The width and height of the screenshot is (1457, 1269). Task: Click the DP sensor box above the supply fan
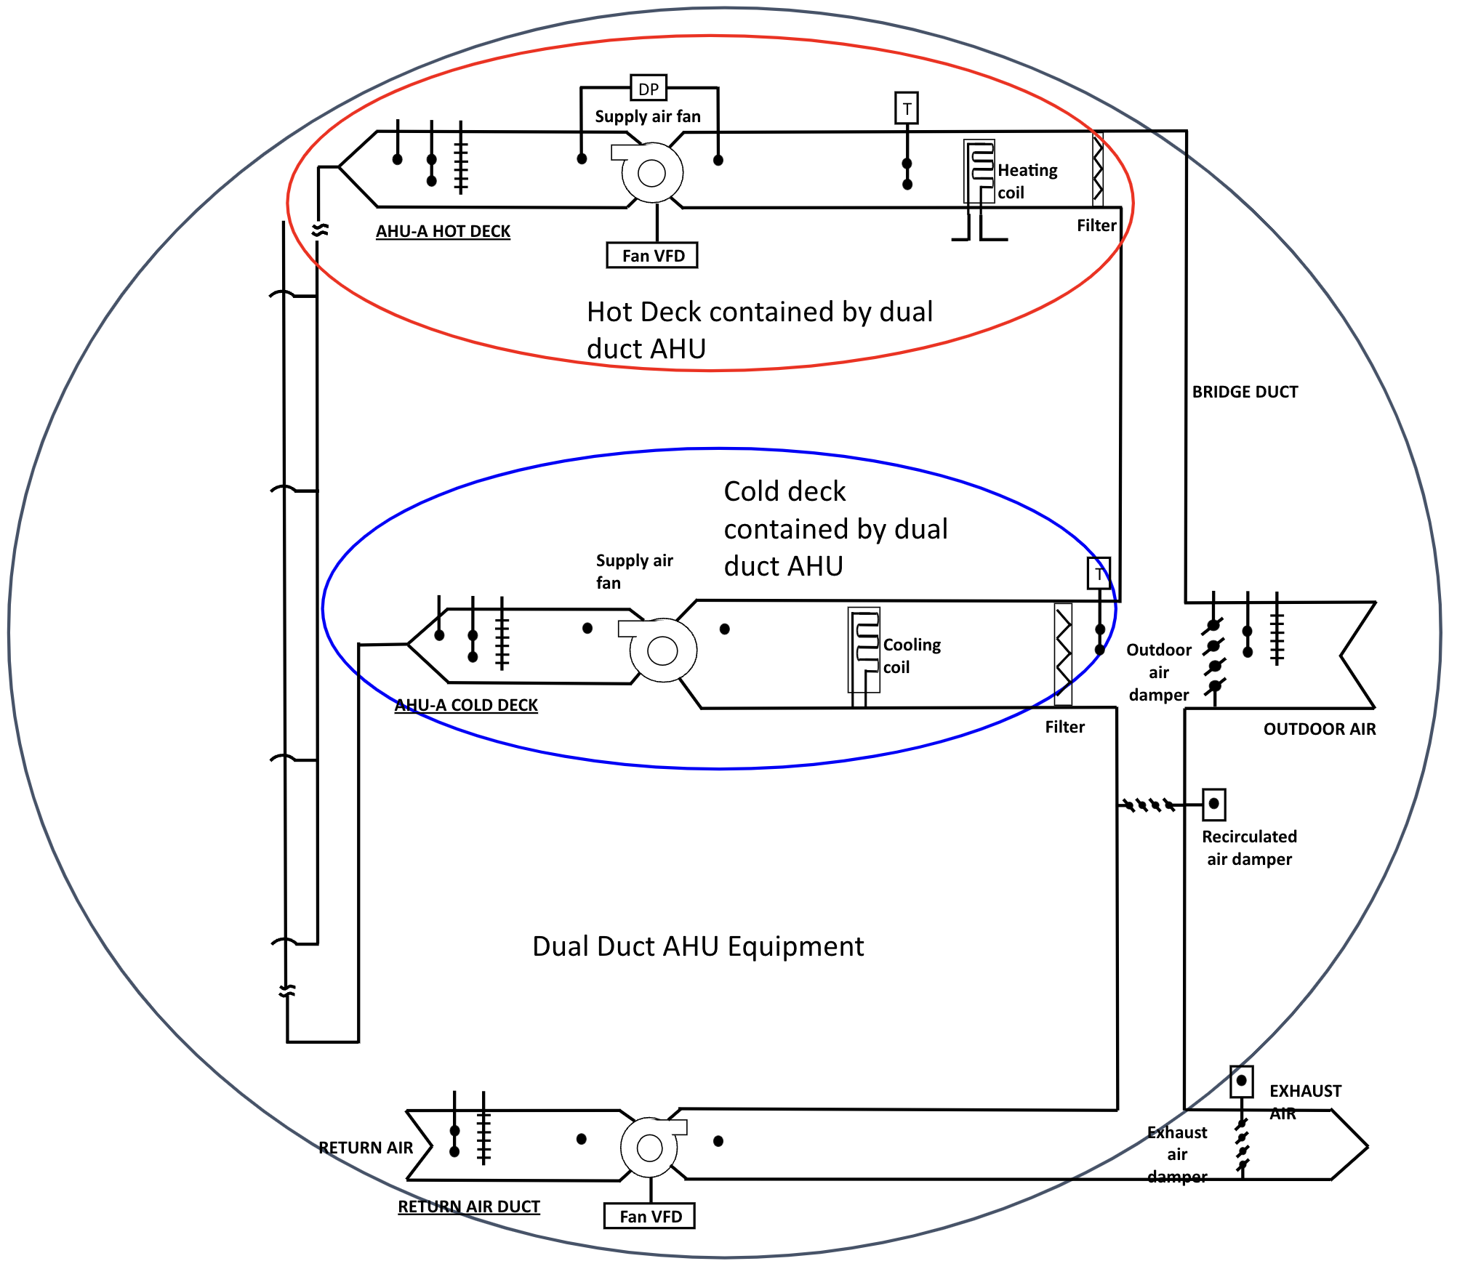click(x=648, y=89)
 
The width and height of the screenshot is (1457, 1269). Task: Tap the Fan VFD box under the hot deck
click(x=652, y=255)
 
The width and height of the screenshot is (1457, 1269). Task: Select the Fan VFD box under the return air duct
click(x=649, y=1216)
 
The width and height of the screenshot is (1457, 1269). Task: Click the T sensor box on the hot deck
click(x=906, y=108)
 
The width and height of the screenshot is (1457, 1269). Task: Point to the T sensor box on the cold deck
click(x=1098, y=573)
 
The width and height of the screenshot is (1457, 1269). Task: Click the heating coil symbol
click(x=979, y=172)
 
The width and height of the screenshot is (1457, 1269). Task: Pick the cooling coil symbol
click(x=864, y=649)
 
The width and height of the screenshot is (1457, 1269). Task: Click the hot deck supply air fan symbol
click(x=651, y=173)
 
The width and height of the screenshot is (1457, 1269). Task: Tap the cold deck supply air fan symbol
click(x=662, y=650)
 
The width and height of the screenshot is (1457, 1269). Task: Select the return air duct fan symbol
click(x=649, y=1148)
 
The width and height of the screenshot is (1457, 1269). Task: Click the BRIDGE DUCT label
click(x=1245, y=392)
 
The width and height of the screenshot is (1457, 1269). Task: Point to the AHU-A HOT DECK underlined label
click(x=443, y=231)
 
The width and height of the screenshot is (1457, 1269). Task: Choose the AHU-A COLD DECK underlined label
click(x=466, y=705)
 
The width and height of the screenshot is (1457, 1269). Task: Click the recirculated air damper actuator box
click(x=1213, y=804)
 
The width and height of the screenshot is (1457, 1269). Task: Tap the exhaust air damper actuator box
click(x=1241, y=1081)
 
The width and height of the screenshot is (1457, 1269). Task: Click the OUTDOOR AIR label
click(x=1319, y=729)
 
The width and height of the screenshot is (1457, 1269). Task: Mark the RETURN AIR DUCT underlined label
click(x=468, y=1206)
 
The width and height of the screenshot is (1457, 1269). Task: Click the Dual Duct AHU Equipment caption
click(x=698, y=946)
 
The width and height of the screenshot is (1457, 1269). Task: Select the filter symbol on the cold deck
click(x=1063, y=653)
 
